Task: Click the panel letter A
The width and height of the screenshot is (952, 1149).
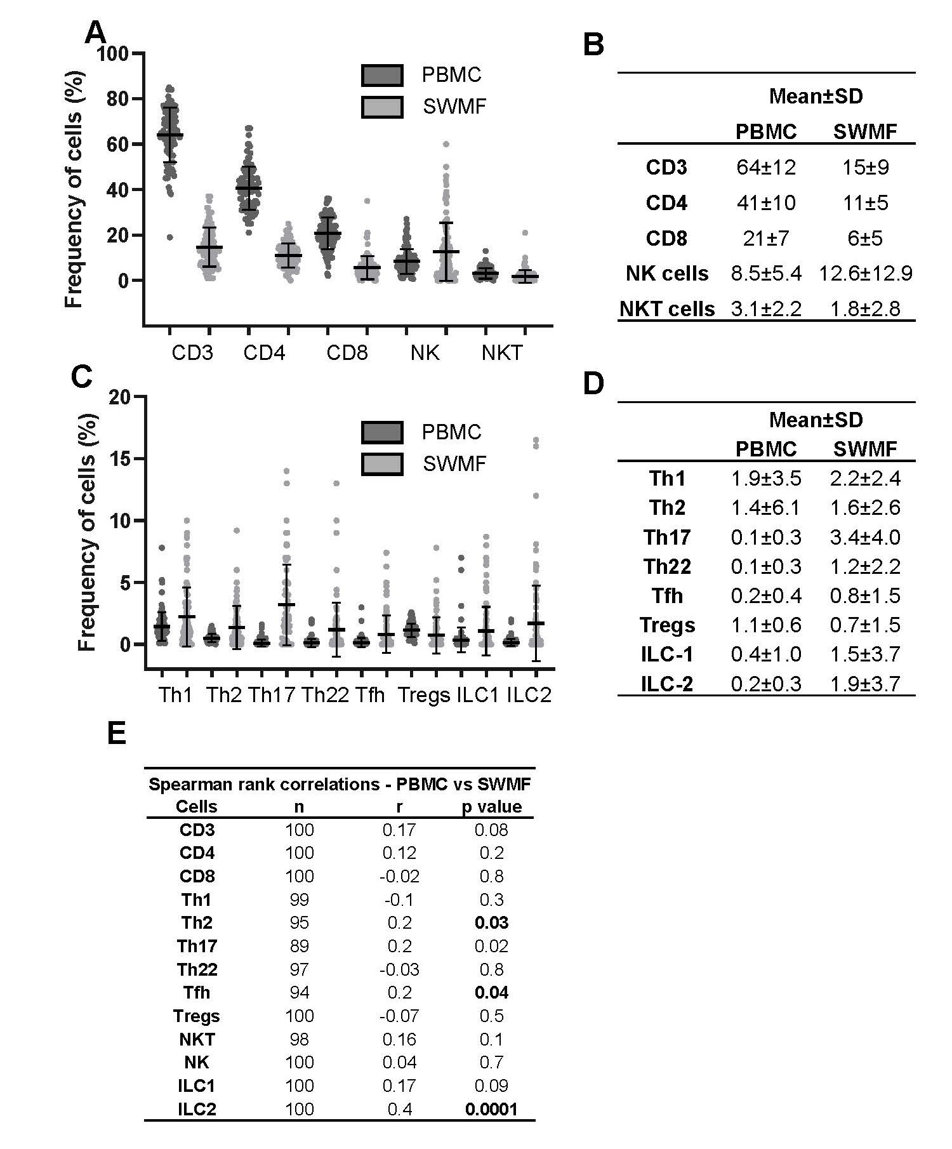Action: coord(95,32)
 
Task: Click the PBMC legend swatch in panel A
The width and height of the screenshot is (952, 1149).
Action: coord(381,76)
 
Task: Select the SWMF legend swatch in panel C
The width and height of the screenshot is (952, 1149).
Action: coord(381,464)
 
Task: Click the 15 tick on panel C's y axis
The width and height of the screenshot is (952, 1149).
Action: coord(121,458)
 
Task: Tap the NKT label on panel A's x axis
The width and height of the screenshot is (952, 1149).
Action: coord(501,353)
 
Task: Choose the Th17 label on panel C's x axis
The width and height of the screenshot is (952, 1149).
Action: coord(272,694)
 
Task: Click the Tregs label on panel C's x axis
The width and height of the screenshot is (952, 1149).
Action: coord(423,694)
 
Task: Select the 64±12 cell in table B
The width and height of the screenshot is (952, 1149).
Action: coord(766,168)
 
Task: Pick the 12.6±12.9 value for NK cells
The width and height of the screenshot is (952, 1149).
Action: coord(865,274)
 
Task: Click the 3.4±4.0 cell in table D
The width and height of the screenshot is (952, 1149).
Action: coord(865,537)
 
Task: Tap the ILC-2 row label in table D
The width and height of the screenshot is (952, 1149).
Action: coord(667,684)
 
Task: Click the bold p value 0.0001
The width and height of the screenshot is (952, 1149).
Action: coord(491,1109)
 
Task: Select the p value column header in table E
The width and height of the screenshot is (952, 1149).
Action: coord(491,807)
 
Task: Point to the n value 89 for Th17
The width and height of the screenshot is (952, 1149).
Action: coord(299,946)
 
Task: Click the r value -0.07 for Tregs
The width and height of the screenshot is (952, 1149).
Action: coord(399,1016)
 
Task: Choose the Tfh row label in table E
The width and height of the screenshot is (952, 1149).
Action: coord(196,993)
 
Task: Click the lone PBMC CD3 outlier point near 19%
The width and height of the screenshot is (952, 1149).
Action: coord(170,237)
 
